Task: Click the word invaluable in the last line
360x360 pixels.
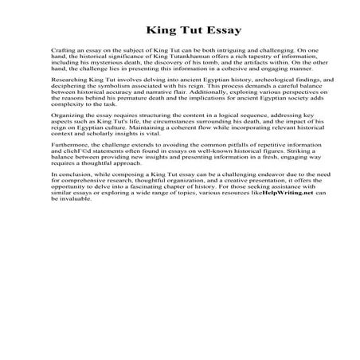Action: click(x=76, y=225)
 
